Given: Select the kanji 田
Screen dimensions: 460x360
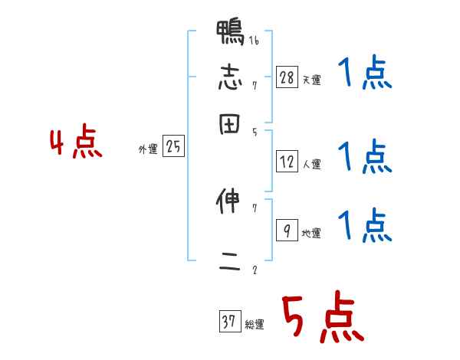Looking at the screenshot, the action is point(230,125).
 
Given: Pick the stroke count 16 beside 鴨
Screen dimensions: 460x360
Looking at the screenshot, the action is point(254,41).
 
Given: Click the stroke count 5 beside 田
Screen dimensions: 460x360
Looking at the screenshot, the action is point(254,132).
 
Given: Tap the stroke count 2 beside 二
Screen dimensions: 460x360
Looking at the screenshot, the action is point(254,270).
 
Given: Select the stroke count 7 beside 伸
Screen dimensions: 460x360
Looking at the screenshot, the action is point(254,208).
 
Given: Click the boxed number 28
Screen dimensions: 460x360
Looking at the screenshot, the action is point(287,77).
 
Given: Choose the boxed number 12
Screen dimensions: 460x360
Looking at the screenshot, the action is point(287,162).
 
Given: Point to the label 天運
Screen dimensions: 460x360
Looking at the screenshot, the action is point(311,80).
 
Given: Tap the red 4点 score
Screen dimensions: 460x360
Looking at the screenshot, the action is point(76,143).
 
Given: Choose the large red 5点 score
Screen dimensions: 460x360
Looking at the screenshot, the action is point(321,318).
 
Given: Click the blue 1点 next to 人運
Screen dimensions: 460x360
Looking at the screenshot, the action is point(364,157).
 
